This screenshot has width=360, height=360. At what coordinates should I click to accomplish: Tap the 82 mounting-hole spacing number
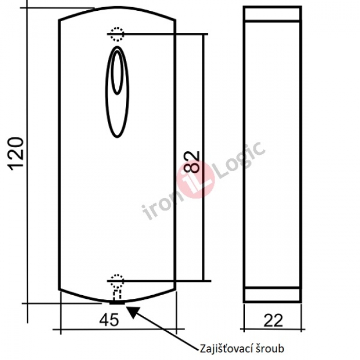[x=191, y=161]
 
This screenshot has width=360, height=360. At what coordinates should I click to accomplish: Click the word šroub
[x=268, y=348]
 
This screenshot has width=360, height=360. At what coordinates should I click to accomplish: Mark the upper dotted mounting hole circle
[x=118, y=34]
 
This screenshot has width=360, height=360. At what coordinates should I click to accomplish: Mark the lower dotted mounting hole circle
[x=118, y=280]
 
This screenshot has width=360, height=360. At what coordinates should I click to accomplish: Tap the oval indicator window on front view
[x=118, y=93]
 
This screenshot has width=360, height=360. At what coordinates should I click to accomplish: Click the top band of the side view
[x=272, y=14]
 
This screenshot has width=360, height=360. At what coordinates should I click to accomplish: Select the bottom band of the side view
[x=272, y=294]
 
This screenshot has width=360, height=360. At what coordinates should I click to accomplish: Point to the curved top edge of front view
[x=118, y=11]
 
